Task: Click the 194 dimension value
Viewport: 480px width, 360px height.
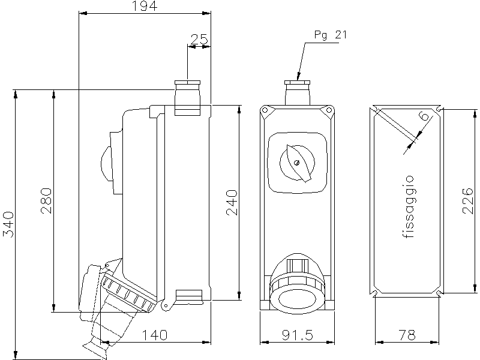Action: pyautogui.click(x=144, y=7)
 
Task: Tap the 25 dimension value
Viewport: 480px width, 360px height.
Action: pyautogui.click(x=199, y=40)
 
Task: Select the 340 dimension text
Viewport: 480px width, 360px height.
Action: pyautogui.click(x=8, y=224)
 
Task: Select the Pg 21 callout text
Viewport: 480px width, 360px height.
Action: pyautogui.click(x=331, y=35)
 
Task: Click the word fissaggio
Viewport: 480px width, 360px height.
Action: pyautogui.click(x=409, y=206)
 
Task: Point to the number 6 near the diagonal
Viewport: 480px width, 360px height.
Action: pyautogui.click(x=425, y=116)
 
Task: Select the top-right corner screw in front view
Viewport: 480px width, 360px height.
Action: pyautogui.click(x=329, y=110)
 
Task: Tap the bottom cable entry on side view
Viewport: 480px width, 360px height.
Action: pyautogui.click(x=188, y=295)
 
